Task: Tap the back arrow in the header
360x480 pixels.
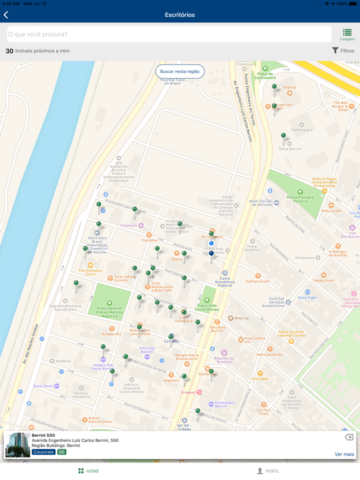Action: point(6,14)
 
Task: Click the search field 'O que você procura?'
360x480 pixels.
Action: point(169,34)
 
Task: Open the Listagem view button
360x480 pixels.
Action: point(347,34)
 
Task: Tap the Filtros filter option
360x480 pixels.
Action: point(343,51)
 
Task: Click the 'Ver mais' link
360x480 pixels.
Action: point(344,454)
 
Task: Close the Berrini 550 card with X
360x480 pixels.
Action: point(349,437)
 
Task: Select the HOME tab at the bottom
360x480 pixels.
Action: point(88,471)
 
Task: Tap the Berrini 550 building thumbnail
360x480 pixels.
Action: point(17,444)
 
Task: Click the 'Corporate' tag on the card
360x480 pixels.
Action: point(43,452)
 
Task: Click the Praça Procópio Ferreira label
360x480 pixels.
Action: point(300,199)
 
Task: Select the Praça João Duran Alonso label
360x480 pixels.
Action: point(207,307)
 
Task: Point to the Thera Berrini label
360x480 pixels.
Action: point(289,149)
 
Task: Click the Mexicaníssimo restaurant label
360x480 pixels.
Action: point(270,354)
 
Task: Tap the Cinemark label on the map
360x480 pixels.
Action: point(129,226)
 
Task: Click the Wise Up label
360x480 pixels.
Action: point(241,318)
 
